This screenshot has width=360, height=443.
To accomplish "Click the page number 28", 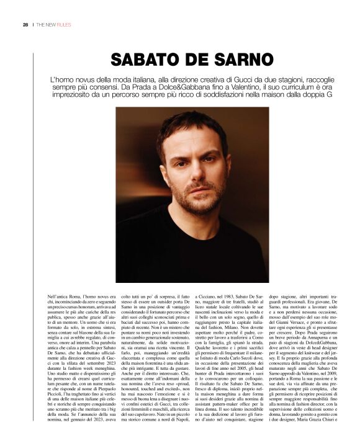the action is tap(25, 25).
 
